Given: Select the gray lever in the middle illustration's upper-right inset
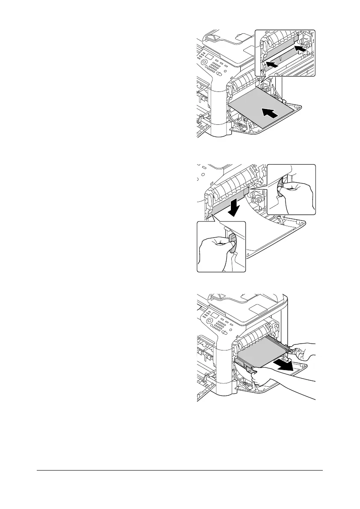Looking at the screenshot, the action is point(280,194).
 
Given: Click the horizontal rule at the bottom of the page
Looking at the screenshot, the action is point(180,471).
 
